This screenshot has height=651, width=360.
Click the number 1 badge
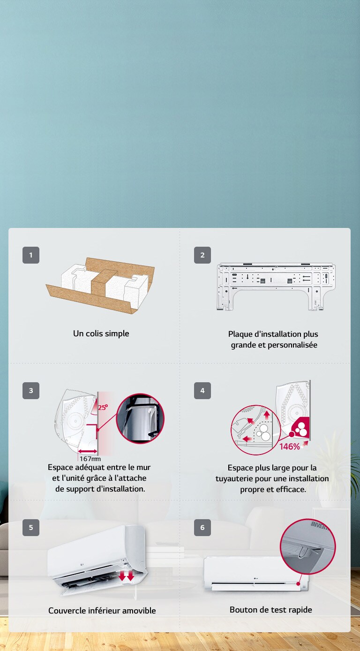[x=31, y=255]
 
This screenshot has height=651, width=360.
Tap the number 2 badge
[x=202, y=255]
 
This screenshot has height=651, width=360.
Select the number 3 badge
[x=31, y=390]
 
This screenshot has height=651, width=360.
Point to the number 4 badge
[x=202, y=390]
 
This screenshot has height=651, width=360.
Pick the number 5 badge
[x=31, y=527]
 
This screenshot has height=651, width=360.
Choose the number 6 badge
[x=202, y=527]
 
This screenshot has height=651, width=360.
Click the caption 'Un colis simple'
[x=101, y=333]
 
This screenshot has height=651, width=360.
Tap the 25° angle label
[x=103, y=407]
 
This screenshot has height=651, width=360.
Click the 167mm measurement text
[x=90, y=459]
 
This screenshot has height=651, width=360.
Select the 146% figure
[x=290, y=447]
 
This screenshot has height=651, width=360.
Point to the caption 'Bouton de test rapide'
[x=271, y=609]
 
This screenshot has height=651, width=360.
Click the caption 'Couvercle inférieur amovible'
[x=102, y=610]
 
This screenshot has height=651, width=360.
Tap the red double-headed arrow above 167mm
[x=88, y=451]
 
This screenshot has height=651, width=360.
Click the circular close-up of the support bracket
[x=140, y=418]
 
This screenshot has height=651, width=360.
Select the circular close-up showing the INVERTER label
[x=308, y=547]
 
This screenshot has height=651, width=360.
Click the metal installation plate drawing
[x=276, y=287]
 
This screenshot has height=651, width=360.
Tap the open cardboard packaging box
[x=100, y=285]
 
